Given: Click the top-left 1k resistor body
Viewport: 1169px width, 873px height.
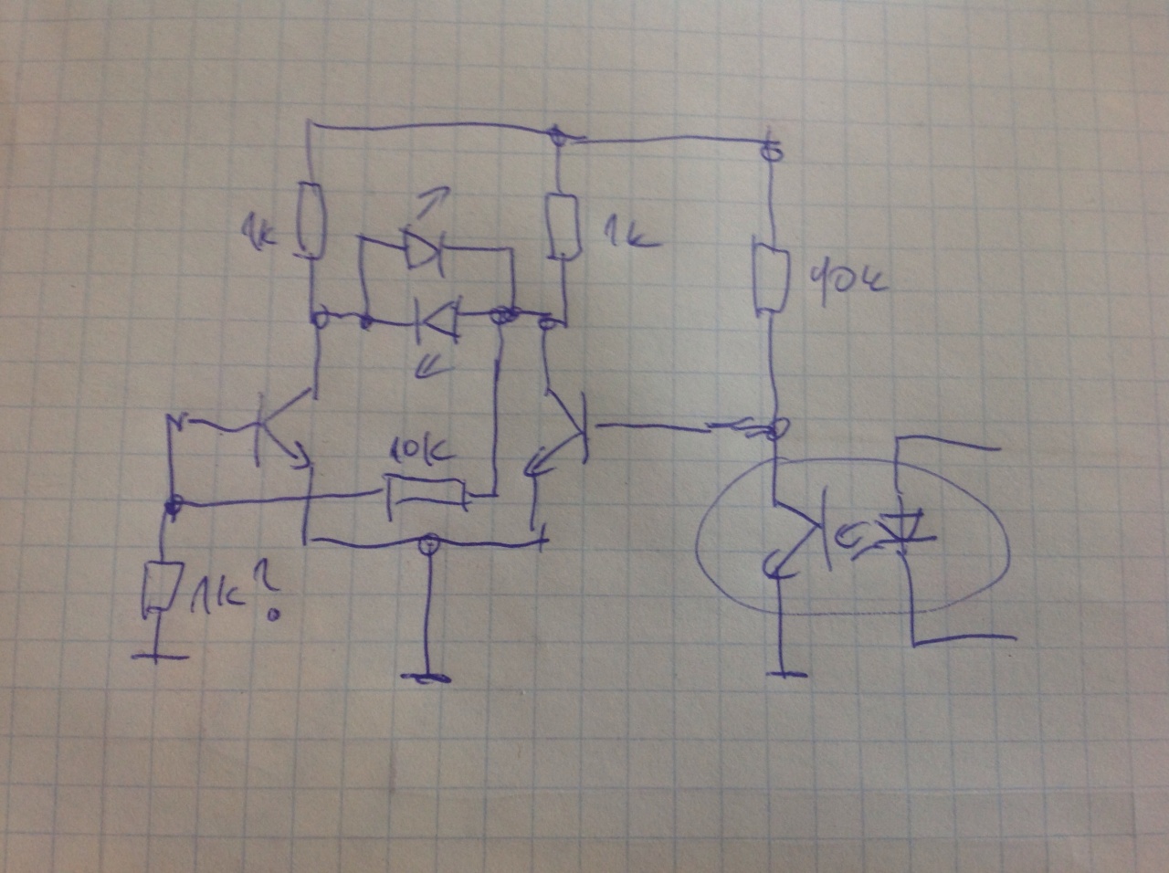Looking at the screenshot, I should click(312, 220).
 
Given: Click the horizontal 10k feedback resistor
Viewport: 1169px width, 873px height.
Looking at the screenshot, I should click(425, 492).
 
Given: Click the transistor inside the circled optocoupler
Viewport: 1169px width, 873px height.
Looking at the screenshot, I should click(795, 539).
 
